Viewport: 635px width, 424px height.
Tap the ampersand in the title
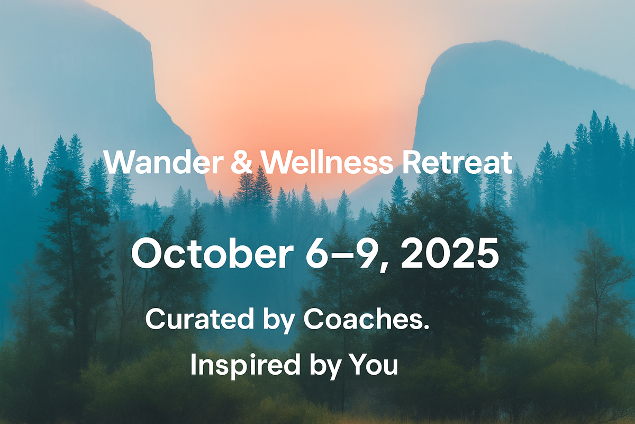pos(242,162)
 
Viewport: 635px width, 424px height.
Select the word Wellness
pos(327,162)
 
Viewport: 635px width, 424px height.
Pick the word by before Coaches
pos(279,321)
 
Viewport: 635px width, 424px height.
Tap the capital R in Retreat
pos(411,163)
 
